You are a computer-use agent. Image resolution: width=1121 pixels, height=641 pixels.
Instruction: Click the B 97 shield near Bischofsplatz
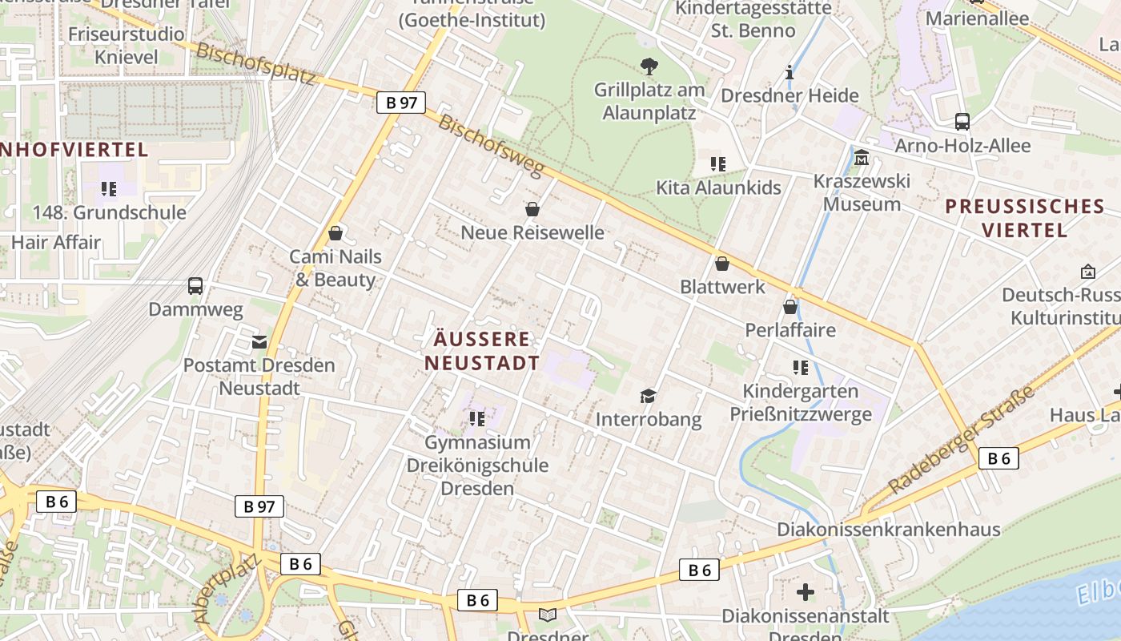click(401, 103)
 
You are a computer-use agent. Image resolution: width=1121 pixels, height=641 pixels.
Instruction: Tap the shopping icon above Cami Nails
click(335, 233)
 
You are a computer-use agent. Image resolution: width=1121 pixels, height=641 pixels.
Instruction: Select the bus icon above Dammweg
click(195, 286)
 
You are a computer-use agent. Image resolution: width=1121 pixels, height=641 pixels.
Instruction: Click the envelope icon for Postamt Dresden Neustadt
click(259, 342)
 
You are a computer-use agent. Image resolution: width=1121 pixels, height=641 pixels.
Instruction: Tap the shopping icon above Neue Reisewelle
click(532, 209)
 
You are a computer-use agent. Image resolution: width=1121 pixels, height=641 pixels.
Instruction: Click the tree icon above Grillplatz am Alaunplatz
click(649, 66)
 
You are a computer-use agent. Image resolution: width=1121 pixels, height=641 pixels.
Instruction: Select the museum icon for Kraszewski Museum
click(862, 157)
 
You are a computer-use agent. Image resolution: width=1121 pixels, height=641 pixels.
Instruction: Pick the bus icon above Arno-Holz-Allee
click(962, 122)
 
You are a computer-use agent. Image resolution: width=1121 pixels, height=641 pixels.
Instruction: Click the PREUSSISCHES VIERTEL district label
click(1025, 218)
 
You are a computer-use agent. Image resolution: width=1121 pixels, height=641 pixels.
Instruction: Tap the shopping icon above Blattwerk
click(722, 263)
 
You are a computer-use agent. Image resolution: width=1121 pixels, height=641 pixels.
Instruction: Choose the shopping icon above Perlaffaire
click(790, 306)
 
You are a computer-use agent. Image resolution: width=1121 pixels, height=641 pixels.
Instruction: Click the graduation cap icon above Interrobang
click(648, 396)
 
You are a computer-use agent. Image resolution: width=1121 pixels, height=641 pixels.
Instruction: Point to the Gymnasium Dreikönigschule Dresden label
click(478, 465)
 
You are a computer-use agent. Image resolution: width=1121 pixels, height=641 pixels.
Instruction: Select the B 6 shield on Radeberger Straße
click(998, 458)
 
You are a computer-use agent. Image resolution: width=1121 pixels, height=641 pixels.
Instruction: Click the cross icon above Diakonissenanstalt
click(806, 592)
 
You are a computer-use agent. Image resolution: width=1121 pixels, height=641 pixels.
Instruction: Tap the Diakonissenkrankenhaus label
click(888, 530)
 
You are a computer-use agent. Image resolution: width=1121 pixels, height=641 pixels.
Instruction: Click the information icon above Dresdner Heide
click(790, 72)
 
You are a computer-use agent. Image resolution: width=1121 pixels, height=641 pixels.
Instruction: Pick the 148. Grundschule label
click(109, 212)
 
